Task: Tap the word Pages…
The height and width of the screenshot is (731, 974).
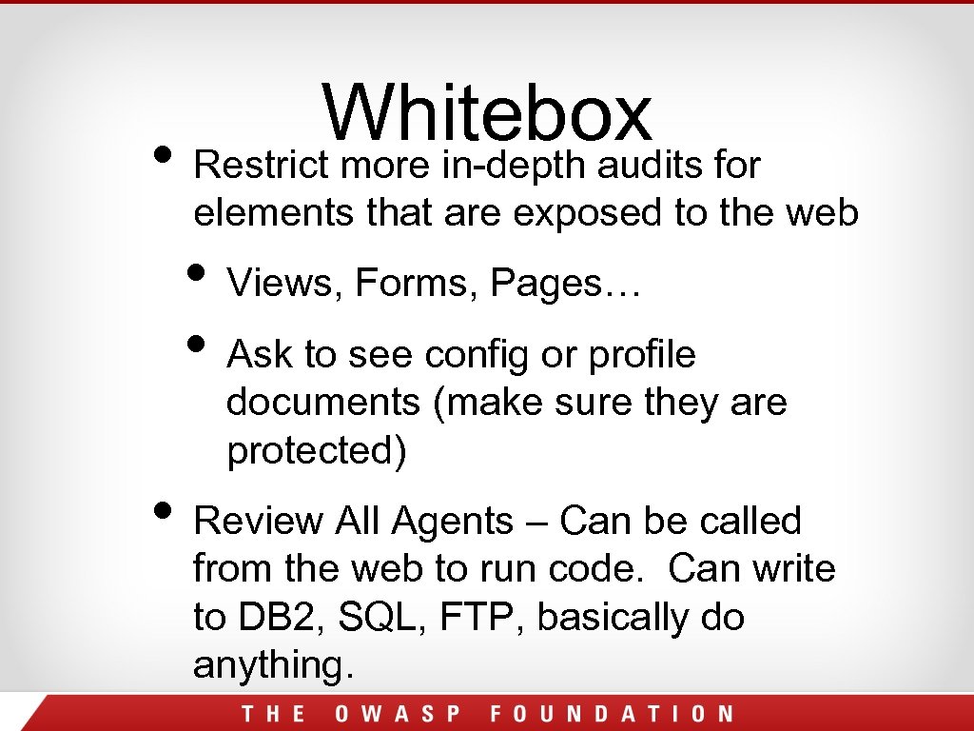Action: (567, 284)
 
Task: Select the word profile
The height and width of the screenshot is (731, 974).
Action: (642, 355)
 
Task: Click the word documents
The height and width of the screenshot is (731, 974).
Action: (323, 403)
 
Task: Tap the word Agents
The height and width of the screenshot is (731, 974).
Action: (453, 522)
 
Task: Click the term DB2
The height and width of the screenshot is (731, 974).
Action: (259, 618)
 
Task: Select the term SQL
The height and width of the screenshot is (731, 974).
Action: (357, 618)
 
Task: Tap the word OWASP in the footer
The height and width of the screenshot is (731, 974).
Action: (397, 714)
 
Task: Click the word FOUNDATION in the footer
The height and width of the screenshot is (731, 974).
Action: (613, 714)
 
